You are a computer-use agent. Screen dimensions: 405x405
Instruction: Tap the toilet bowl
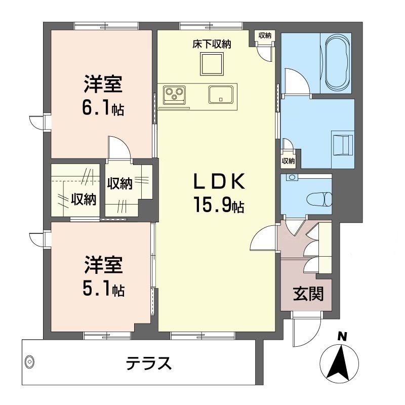click(x=319, y=199)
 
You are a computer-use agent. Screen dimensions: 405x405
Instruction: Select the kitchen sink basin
click(x=220, y=95)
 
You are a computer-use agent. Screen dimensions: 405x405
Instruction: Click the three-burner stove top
click(x=174, y=95)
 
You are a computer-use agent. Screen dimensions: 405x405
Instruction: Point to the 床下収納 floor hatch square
click(x=212, y=64)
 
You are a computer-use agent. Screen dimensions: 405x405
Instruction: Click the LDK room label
click(x=219, y=182)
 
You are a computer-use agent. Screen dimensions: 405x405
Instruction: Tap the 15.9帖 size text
click(x=219, y=205)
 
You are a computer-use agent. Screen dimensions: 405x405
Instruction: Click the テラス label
click(x=149, y=363)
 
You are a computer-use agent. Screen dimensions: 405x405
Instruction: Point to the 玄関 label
click(x=308, y=294)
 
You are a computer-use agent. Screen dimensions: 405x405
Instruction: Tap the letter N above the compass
click(x=343, y=336)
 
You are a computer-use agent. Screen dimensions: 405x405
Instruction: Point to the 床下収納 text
click(x=212, y=44)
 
